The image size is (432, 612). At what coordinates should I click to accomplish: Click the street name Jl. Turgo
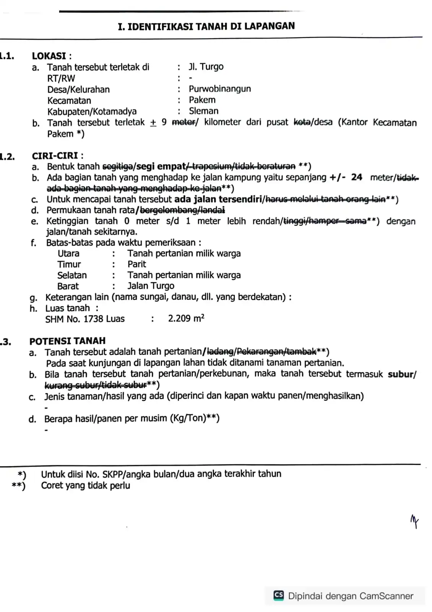click(x=206, y=67)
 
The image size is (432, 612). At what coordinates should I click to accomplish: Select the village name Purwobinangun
click(x=220, y=89)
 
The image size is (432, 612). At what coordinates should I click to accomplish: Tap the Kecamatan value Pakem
click(x=202, y=100)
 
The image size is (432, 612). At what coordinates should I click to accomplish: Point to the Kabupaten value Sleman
click(x=204, y=111)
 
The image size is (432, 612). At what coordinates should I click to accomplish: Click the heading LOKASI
click(x=50, y=56)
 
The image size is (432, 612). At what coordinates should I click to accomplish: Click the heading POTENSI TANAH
click(x=67, y=341)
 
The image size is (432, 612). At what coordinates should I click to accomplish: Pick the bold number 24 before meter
click(x=357, y=177)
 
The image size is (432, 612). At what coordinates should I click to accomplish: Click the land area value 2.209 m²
click(x=186, y=319)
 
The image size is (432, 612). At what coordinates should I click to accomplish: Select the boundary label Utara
click(x=68, y=254)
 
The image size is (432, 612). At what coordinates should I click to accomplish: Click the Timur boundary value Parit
click(x=137, y=264)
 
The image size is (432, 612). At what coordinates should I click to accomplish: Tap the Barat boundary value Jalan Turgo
click(x=151, y=286)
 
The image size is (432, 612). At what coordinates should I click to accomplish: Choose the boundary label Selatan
click(x=72, y=275)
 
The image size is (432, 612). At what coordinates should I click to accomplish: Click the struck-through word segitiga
click(x=118, y=166)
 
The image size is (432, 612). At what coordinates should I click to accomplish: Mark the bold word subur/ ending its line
click(x=402, y=374)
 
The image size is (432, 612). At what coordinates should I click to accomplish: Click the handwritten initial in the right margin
click(x=414, y=521)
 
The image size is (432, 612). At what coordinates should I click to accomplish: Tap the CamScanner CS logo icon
click(x=279, y=595)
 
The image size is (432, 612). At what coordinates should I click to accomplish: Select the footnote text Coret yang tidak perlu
click(x=86, y=486)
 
